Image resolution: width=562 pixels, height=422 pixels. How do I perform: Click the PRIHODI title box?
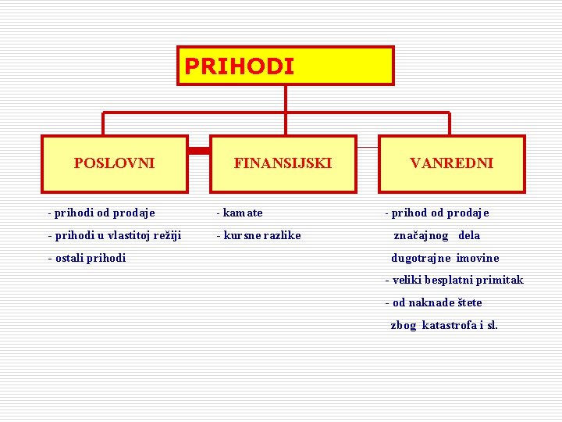pyautogui.click(x=286, y=66)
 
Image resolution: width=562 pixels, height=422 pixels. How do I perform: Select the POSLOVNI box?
pyautogui.click(x=114, y=163)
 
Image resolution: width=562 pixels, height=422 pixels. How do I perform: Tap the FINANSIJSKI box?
pyautogui.click(x=283, y=163)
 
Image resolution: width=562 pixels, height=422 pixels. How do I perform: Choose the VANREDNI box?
pyautogui.click(x=451, y=163)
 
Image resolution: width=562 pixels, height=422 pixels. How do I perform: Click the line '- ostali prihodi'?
pyautogui.click(x=87, y=258)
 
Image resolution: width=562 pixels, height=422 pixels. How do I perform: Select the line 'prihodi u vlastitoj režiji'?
pyautogui.click(x=118, y=235)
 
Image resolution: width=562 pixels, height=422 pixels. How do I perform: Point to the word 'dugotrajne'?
pyautogui.click(x=421, y=258)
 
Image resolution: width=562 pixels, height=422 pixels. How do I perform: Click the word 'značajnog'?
pyautogui.click(x=421, y=235)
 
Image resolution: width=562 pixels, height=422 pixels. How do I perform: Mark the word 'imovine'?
pyautogui.click(x=478, y=258)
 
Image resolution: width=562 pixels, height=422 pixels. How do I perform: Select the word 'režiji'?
pyautogui.click(x=167, y=235)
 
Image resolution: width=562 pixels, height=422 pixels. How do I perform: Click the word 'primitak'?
pyautogui.click(x=502, y=280)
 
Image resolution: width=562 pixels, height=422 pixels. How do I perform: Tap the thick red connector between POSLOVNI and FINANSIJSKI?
pyautogui.click(x=199, y=148)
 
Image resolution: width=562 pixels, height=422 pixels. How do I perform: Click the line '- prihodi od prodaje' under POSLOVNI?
pyautogui.click(x=101, y=213)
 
